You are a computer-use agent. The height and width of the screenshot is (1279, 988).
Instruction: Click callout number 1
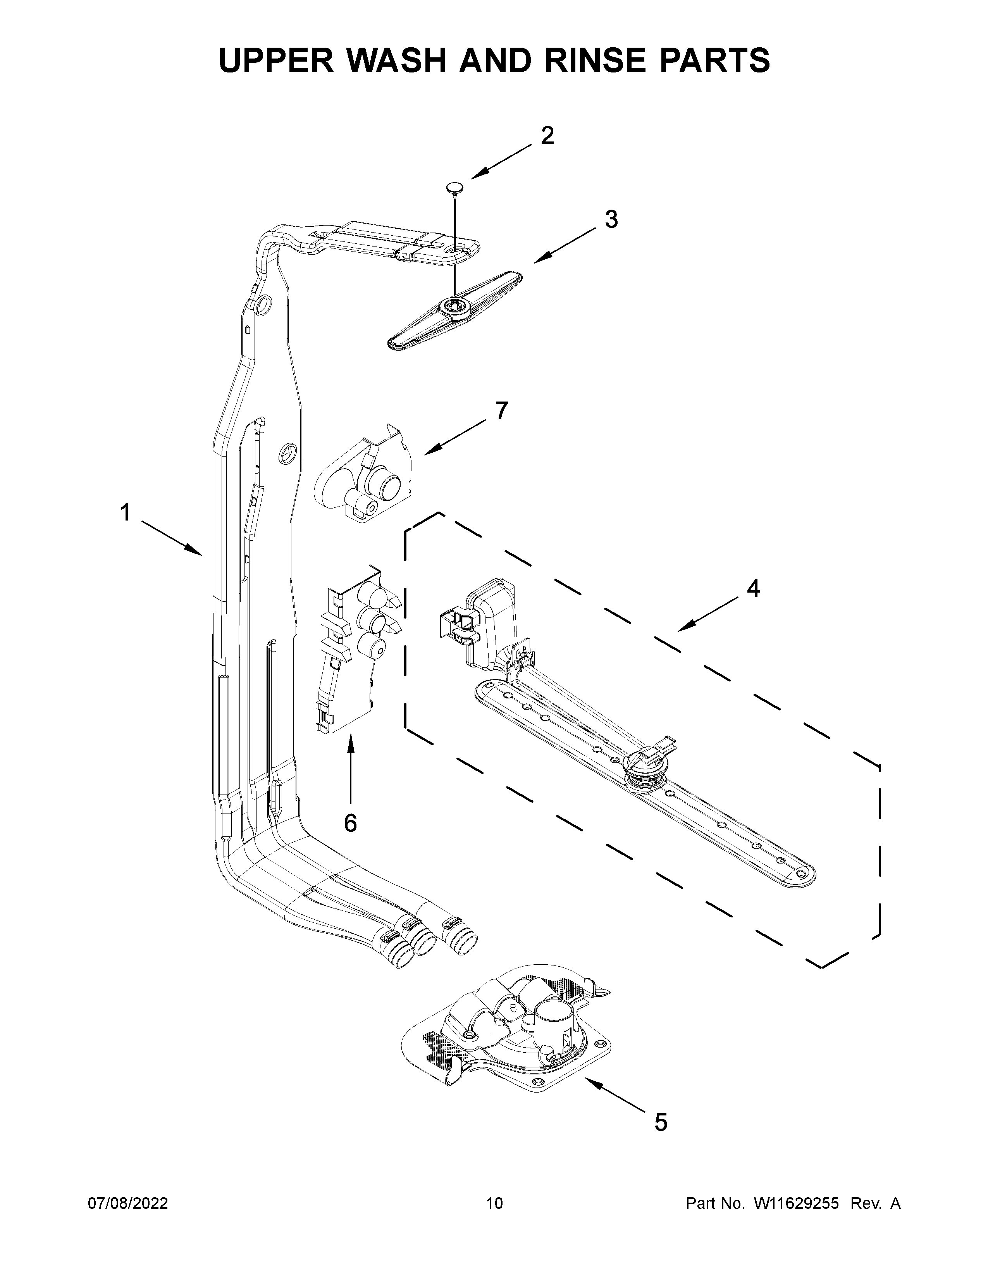pyautogui.click(x=125, y=513)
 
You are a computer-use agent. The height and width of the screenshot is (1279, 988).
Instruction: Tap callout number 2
pyautogui.click(x=547, y=136)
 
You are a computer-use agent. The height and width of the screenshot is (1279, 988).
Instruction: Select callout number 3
pyautogui.click(x=611, y=220)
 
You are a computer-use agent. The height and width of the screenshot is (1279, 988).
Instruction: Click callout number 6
pyautogui.click(x=350, y=823)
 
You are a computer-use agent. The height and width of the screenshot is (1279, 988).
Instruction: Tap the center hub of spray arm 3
pyautogui.click(x=454, y=305)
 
